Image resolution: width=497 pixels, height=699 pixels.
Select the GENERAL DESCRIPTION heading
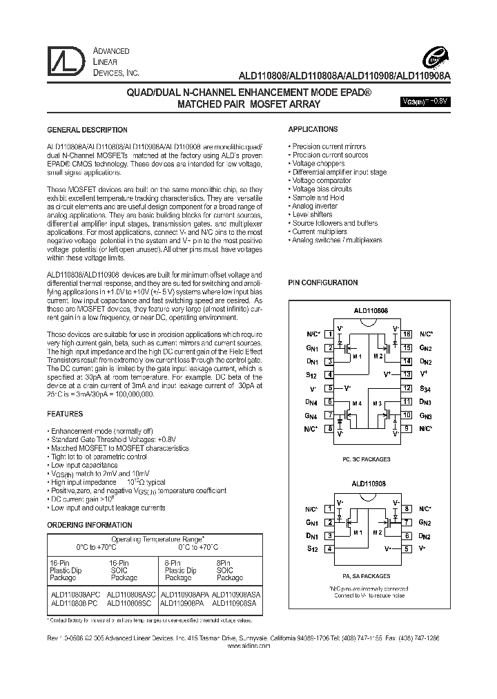(x=86, y=130)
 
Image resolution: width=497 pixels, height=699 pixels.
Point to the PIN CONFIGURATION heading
(x=322, y=283)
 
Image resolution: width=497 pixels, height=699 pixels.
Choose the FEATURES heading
(x=64, y=414)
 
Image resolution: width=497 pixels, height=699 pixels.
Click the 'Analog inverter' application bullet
(x=314, y=206)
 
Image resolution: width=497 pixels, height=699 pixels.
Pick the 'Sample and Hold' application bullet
(x=318, y=198)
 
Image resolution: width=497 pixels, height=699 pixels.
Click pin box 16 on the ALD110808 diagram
(x=407, y=334)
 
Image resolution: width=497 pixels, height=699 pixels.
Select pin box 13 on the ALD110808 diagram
(x=407, y=374)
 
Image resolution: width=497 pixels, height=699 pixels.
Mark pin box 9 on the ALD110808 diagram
(x=407, y=429)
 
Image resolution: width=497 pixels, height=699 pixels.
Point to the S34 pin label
(x=425, y=388)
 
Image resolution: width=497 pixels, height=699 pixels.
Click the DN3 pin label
(x=425, y=402)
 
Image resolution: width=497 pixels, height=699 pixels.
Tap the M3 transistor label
(x=377, y=403)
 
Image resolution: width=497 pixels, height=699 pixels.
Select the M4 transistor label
(x=357, y=403)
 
